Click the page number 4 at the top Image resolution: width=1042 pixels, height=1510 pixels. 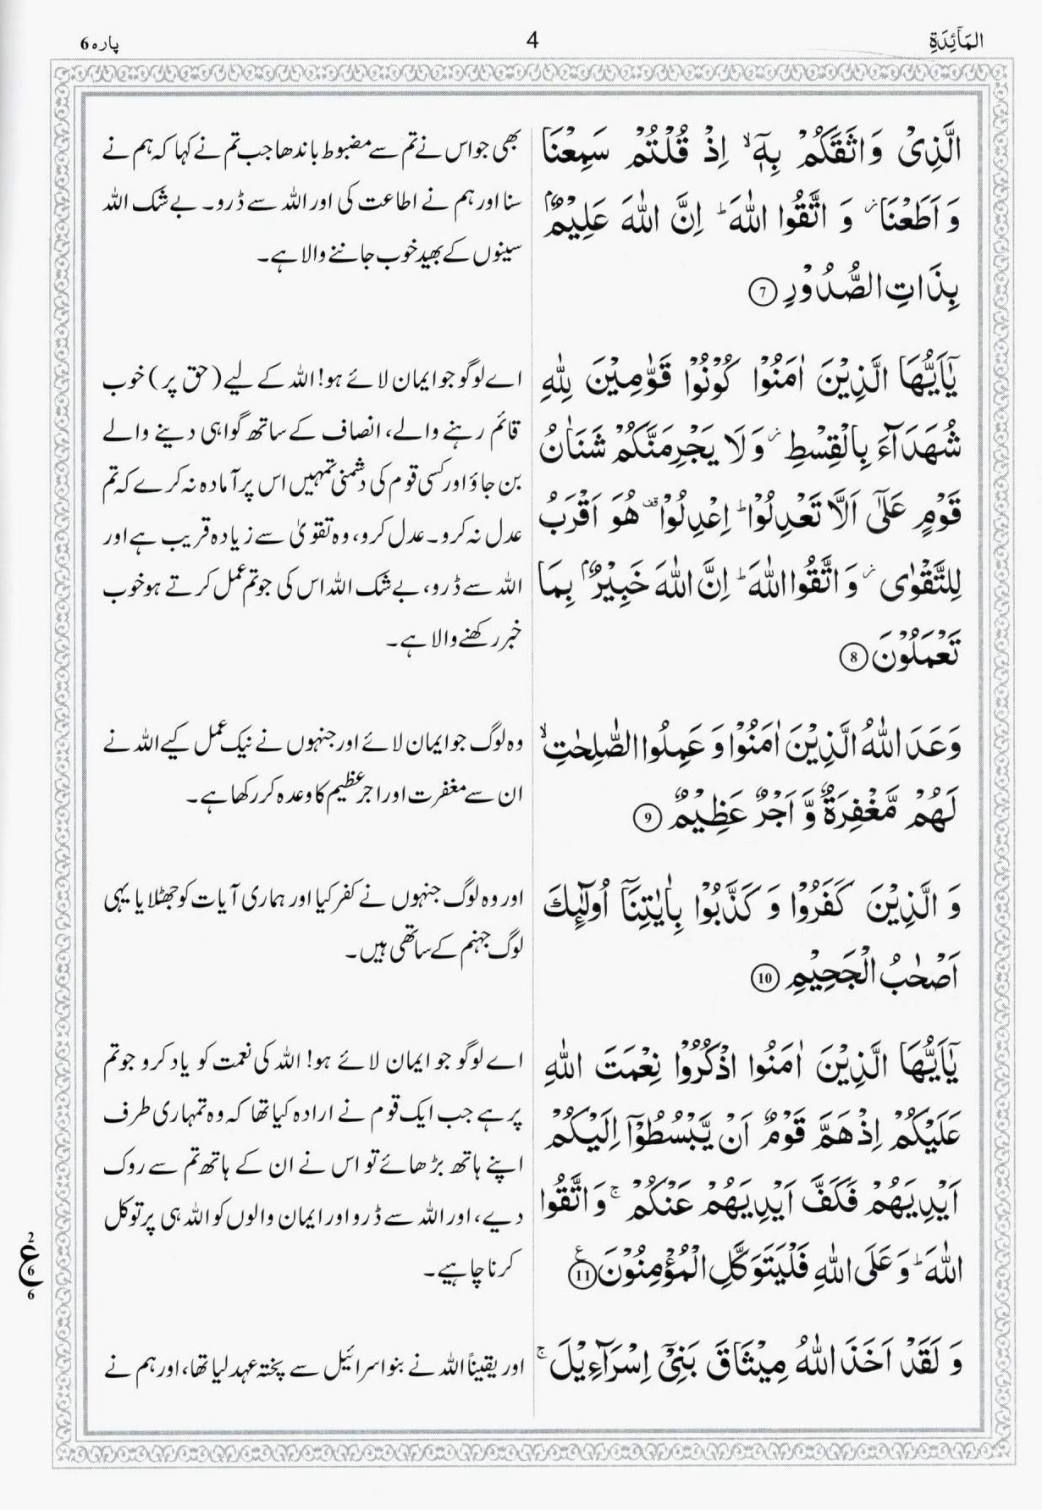pos(532,40)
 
